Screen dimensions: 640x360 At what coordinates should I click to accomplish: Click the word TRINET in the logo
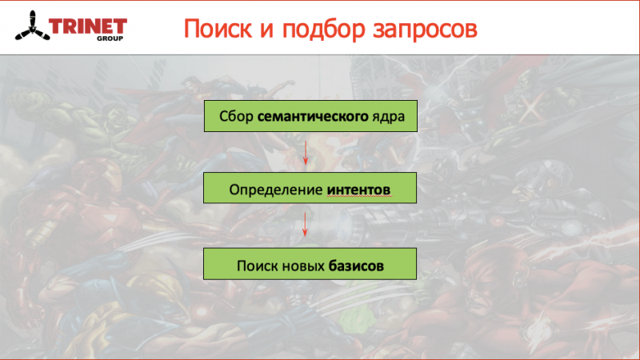pos(88,27)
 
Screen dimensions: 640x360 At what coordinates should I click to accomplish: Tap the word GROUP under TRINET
pos(110,38)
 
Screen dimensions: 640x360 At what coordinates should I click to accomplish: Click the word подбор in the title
pos(323,30)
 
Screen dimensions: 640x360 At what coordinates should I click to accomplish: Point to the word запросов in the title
pos(425,30)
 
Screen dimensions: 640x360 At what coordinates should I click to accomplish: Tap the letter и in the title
pos(266,30)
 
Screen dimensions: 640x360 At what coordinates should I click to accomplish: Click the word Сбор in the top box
pos(236,116)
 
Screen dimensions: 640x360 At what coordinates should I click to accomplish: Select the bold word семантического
pos(313,117)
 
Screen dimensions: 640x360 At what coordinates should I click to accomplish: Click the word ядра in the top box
pos(388,118)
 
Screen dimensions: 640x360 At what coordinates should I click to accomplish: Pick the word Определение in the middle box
pos(276,190)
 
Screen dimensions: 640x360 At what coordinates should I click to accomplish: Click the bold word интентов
pos(358,190)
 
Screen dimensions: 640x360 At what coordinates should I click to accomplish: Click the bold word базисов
pos(356,266)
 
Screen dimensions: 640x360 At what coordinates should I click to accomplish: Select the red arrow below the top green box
pos(306,153)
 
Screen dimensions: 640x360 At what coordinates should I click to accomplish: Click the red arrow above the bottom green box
pos(305,225)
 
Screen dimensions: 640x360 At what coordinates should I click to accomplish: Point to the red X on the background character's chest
pos(531,107)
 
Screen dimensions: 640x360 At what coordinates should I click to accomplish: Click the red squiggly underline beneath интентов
pos(359,196)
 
